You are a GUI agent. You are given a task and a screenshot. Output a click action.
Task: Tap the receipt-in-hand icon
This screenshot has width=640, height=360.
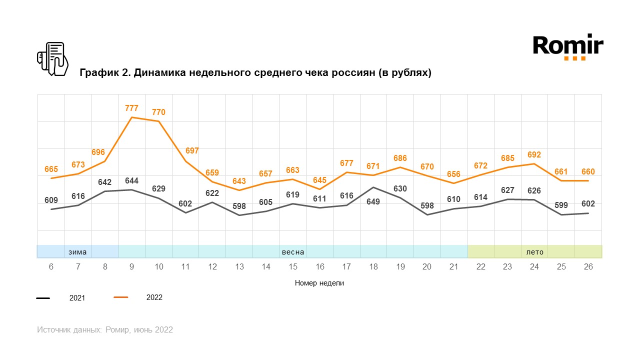(52, 59)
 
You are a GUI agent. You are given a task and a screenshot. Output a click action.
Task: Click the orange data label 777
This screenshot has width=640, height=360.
(131, 108)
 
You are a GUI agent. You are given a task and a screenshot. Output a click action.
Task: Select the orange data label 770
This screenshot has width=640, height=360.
(158, 112)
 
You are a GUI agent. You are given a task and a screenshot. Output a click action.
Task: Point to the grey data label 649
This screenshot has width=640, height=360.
(373, 202)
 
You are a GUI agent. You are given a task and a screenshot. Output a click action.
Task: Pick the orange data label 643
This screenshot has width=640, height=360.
(239, 181)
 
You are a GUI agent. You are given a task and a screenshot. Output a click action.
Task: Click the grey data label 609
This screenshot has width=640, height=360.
(51, 200)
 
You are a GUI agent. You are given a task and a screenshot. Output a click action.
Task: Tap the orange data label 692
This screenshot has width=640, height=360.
(534, 154)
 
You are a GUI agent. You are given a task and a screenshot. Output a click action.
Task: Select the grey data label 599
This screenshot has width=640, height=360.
(561, 205)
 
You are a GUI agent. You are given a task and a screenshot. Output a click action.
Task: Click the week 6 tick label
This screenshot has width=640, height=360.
(51, 267)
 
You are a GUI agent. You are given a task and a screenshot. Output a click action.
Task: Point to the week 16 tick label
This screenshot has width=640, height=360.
(319, 267)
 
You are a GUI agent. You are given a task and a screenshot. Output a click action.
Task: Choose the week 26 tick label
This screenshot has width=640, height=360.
(588, 267)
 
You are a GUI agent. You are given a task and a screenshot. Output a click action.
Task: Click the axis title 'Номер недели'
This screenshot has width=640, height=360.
(319, 283)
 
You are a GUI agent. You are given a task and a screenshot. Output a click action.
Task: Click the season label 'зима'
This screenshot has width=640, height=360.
(77, 252)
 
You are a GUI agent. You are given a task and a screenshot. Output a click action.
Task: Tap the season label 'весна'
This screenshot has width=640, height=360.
(293, 252)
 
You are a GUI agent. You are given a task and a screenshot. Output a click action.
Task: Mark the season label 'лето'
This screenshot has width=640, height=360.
(534, 252)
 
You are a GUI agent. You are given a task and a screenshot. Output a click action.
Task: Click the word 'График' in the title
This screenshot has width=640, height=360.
(99, 73)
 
